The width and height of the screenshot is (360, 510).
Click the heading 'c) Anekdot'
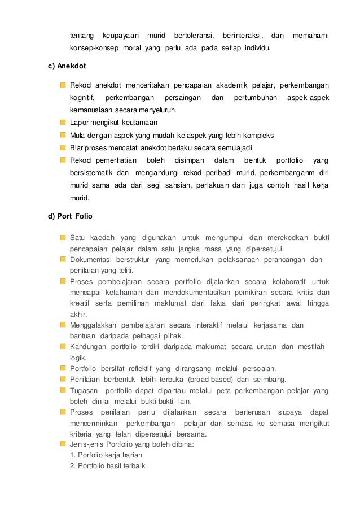(67, 66)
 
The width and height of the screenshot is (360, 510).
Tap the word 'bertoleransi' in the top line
(192, 36)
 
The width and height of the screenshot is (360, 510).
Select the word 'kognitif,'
(82, 97)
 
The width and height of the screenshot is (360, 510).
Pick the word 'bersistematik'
(90, 172)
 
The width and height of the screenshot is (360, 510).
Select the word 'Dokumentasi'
(90, 259)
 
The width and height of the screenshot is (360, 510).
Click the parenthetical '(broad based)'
(209, 379)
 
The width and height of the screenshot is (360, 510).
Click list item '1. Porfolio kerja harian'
(106, 455)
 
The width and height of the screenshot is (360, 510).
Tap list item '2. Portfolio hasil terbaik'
(108, 466)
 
